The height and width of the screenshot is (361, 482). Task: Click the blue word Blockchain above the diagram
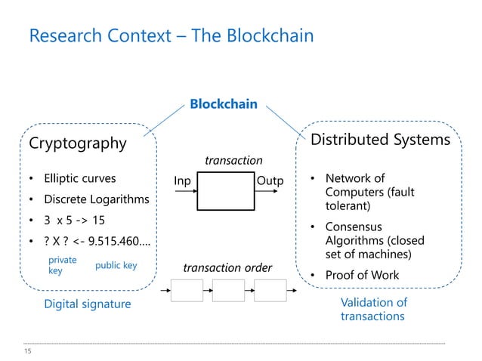223,104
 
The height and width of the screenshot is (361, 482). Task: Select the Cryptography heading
77,143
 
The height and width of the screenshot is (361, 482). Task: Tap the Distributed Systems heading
381,140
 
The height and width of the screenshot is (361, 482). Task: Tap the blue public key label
116,266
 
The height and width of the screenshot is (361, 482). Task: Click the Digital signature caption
88,304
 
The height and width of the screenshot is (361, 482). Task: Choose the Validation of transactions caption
373,310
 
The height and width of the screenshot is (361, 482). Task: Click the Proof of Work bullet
362,275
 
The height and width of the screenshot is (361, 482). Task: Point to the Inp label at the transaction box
182,181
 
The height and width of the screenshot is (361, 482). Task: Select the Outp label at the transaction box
270,181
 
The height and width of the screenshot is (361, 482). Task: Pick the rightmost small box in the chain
270,291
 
